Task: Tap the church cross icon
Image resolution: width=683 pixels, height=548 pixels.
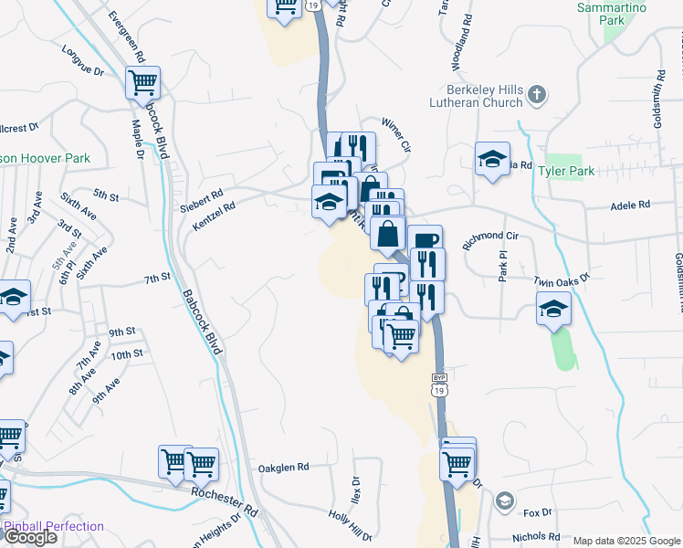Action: [537, 94]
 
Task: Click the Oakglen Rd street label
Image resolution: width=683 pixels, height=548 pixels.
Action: [283, 466]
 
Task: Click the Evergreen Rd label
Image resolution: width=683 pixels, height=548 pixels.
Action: [126, 37]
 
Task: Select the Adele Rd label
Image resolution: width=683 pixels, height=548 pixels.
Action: [631, 205]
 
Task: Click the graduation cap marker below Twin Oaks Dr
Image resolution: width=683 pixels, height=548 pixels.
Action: [553, 309]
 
